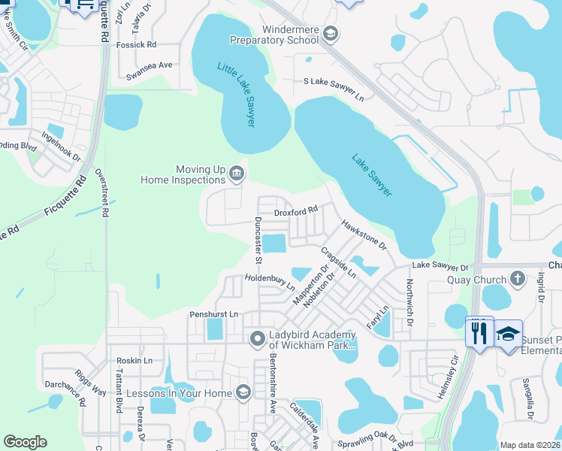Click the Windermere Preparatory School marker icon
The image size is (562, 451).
[331, 34]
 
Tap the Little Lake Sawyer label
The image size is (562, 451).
[237, 94]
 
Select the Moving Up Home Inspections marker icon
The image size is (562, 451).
[235, 174]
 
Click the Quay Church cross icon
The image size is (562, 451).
[516, 280]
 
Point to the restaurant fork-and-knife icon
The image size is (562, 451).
[479, 331]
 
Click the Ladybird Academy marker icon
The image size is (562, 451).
[257, 340]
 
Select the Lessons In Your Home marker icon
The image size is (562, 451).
[243, 392]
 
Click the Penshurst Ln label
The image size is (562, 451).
[213, 313]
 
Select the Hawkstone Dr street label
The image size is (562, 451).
[364, 235]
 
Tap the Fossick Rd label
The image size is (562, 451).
[136, 45]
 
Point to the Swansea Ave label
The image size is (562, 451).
[150, 65]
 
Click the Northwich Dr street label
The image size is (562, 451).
[409, 297]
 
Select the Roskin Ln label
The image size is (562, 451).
[134, 361]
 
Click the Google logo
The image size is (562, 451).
[26, 442]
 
